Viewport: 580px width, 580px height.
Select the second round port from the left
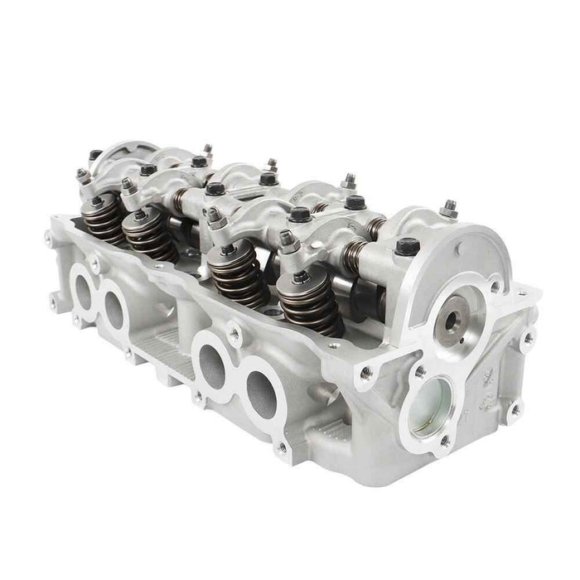(114, 308)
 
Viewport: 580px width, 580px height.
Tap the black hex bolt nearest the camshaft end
(405, 246)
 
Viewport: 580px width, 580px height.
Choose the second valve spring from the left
(148, 234)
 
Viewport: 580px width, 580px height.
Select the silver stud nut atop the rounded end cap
(447, 209)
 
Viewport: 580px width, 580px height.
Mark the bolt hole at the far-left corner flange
(51, 239)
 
